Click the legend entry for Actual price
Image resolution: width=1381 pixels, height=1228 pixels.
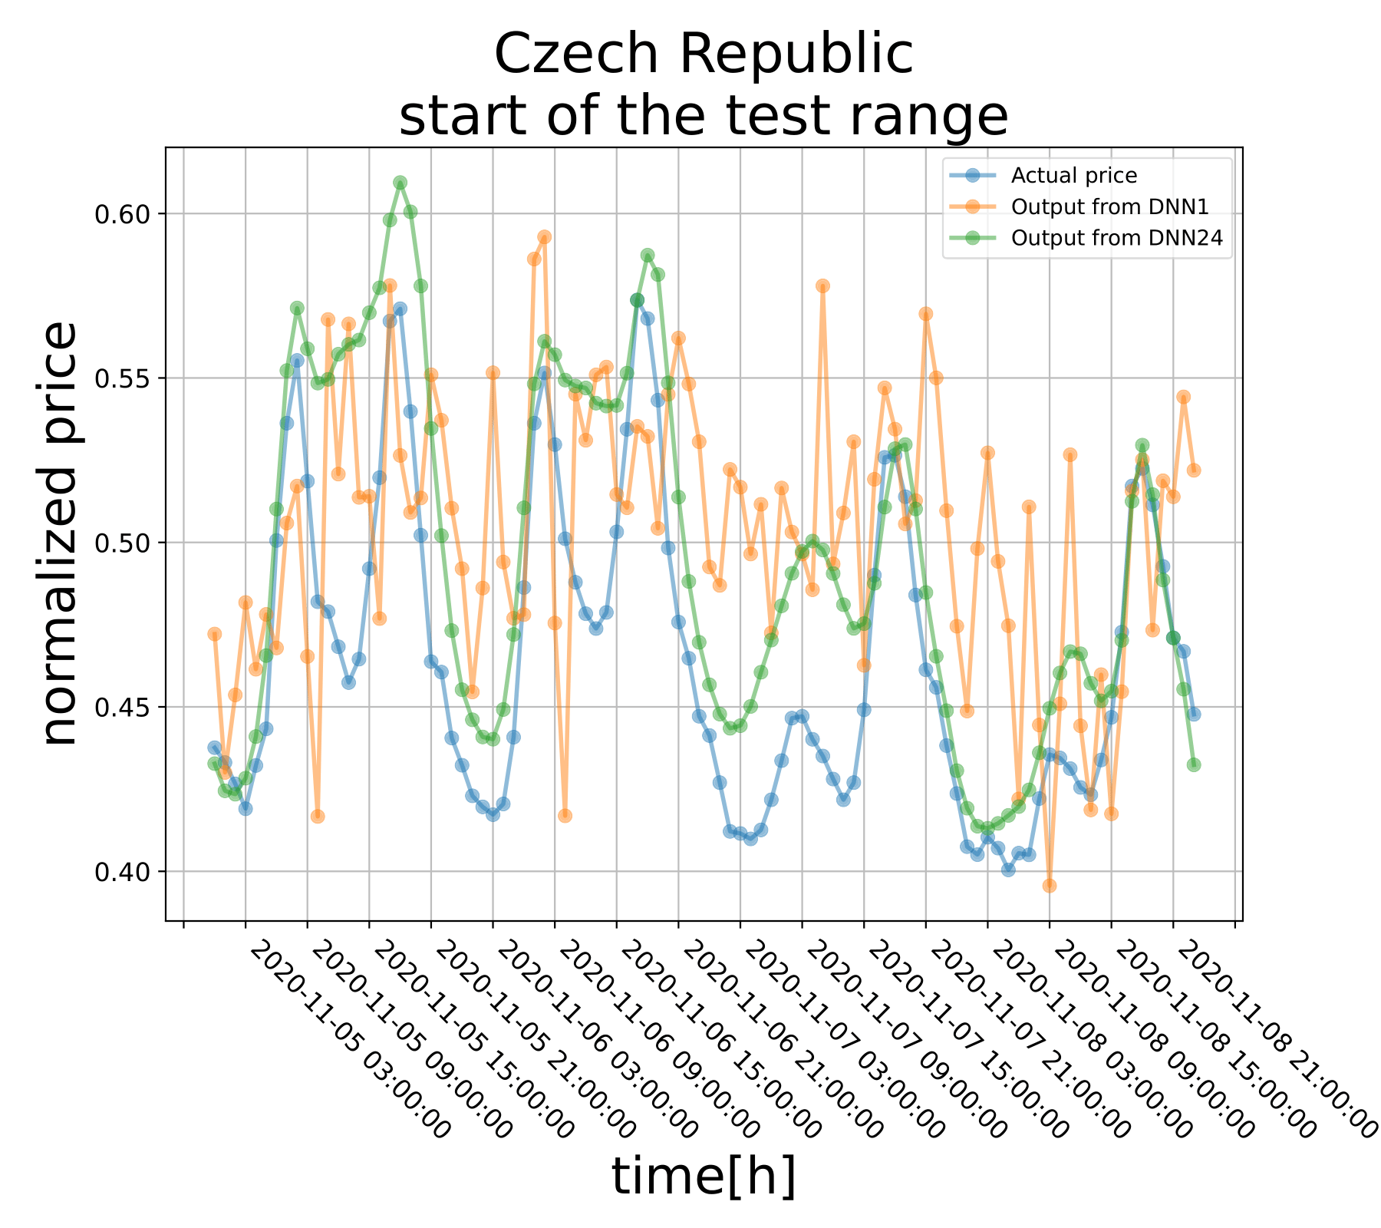tap(1073, 176)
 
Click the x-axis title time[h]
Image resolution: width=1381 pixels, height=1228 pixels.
tap(704, 1177)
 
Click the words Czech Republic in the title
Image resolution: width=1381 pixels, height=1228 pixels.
tap(704, 55)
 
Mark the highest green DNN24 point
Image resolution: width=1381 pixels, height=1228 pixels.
tap(400, 183)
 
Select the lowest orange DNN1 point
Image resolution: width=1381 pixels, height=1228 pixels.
tap(1050, 886)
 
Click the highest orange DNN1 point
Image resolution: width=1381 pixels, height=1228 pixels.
tap(544, 236)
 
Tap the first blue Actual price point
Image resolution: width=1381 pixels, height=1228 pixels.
tap(214, 748)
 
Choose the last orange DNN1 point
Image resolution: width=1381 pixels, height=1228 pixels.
tap(1194, 470)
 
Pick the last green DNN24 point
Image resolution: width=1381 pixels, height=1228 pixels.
tap(1194, 764)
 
